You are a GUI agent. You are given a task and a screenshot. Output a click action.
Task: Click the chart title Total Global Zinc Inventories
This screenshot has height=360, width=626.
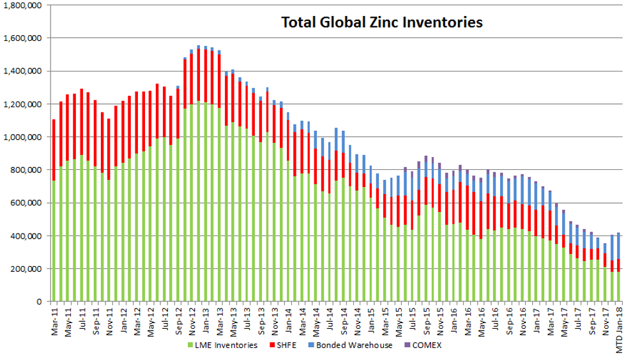382,23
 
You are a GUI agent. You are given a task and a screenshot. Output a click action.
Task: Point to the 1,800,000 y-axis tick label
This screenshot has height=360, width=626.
22,5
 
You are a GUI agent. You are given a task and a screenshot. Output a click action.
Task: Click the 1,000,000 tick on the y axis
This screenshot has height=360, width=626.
22,137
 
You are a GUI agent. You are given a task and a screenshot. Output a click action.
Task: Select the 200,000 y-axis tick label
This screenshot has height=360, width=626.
26,269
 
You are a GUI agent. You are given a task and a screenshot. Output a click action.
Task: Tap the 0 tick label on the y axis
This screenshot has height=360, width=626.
39,302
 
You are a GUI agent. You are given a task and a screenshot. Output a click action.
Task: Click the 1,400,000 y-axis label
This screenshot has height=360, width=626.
22,71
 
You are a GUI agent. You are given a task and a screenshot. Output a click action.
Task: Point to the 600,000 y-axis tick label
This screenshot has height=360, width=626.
26,203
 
